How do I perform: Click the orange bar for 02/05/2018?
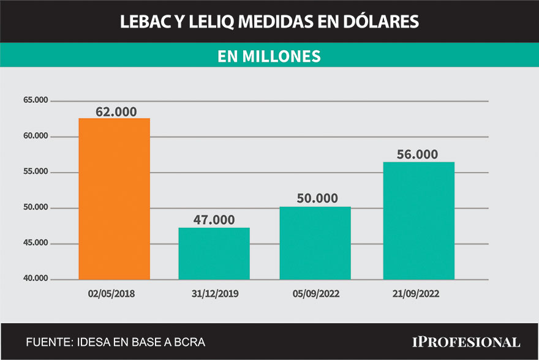point(115,198)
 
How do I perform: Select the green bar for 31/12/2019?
point(214,253)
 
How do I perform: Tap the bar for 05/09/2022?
point(315,243)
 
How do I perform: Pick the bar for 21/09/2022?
point(418,220)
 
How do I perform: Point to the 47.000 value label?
point(214,220)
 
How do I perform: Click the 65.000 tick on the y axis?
point(35,100)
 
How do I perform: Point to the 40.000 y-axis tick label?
point(35,279)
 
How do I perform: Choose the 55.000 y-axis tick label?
point(35,172)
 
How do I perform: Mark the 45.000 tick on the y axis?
point(35,244)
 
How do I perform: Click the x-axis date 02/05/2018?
point(111,294)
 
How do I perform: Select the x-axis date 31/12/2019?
point(214,294)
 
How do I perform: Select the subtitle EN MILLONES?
point(269,56)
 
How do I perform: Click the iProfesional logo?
point(466,342)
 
